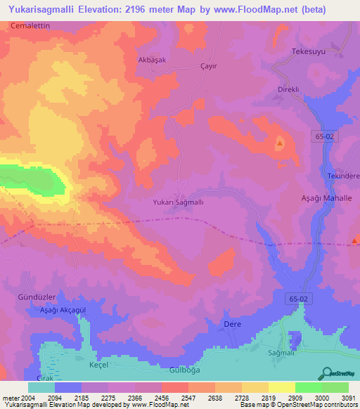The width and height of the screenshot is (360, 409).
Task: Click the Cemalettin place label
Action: point(31,25)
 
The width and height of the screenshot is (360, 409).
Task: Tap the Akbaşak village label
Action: point(150,60)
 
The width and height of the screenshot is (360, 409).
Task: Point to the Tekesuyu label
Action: point(310,52)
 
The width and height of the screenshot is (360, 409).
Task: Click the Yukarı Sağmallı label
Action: point(178,202)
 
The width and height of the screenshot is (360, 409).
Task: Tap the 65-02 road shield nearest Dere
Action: point(298,299)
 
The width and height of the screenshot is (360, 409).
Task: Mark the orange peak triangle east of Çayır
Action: point(280,143)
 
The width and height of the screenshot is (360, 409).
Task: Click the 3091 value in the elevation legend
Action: point(347,398)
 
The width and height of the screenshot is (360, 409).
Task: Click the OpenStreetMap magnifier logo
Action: point(326,373)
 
